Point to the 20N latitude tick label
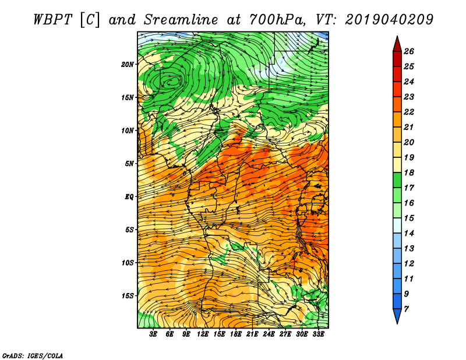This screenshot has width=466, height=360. click(128, 64)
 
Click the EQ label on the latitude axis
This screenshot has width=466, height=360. click(129, 197)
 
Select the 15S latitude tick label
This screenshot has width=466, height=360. click(128, 296)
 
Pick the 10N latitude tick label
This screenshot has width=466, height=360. click(128, 130)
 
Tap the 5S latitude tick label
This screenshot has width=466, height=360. click(129, 230)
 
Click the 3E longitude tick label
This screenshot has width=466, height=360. click(154, 335)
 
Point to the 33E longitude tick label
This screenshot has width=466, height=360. click(319, 335)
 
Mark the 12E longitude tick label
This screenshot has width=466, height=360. click(203, 335)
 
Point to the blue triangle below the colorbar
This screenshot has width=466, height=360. click(396, 316)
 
